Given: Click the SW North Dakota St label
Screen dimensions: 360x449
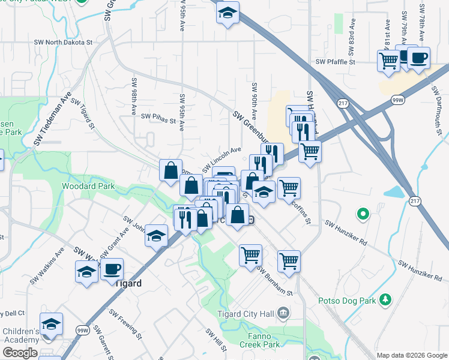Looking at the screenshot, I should [65, 43].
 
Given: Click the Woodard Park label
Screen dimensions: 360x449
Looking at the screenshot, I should [88, 187].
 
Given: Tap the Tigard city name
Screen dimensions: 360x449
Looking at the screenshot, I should [128, 284].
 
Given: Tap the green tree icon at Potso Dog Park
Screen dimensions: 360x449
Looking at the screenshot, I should [385, 299].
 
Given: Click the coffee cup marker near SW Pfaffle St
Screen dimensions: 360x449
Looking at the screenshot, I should [418, 58].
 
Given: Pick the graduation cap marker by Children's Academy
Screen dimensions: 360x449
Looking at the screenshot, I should [52, 325].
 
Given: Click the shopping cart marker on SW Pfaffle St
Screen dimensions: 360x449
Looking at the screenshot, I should [388, 60].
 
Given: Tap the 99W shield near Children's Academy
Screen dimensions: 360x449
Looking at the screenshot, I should [82, 331].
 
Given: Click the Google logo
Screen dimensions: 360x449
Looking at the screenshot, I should [20, 353].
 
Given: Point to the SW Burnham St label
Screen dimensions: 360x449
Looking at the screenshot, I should [274, 280].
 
